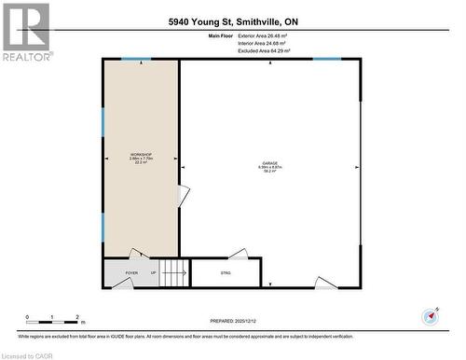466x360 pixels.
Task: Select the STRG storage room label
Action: click(225, 273)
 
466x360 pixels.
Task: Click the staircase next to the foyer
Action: click(174, 273)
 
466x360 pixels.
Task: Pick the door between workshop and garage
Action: click(184, 196)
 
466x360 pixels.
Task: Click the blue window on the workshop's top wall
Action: click(139, 60)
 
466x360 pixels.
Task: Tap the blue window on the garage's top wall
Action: click(326, 60)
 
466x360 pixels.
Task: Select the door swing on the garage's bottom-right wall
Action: click(325, 283)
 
